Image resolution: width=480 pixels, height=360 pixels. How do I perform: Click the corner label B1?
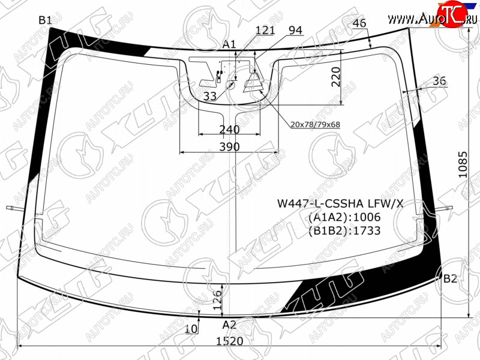[45, 20]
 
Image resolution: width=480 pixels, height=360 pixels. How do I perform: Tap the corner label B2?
[450, 278]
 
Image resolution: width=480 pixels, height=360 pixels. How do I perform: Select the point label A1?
[229, 44]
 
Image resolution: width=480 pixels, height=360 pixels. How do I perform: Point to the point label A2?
[229, 325]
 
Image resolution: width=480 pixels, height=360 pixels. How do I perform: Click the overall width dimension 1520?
[230, 341]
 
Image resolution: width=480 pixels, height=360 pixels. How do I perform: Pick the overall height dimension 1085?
[463, 164]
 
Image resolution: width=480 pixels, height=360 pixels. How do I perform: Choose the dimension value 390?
[230, 147]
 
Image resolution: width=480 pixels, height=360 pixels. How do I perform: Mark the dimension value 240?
[229, 130]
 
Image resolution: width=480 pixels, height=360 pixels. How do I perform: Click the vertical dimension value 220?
[336, 77]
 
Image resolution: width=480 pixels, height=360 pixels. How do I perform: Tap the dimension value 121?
[265, 31]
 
